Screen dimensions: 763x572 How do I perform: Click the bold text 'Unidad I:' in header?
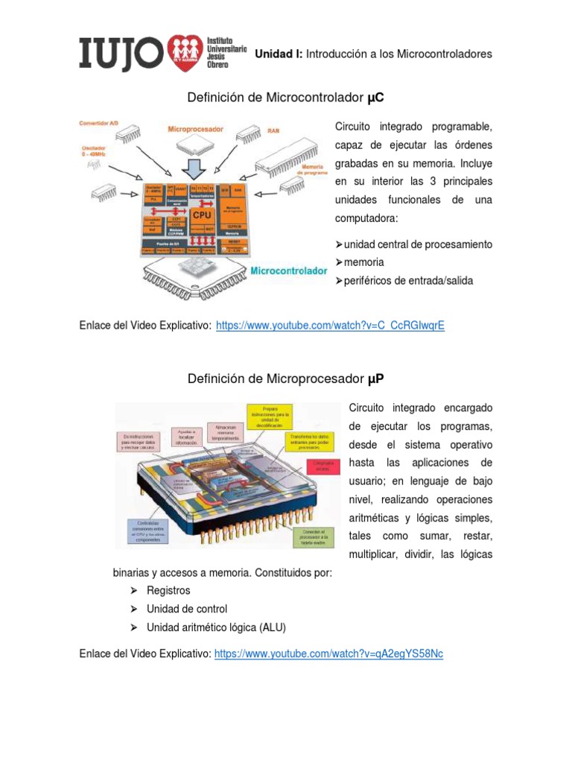pos(279,54)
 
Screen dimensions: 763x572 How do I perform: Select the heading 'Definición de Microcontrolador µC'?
pos(286,98)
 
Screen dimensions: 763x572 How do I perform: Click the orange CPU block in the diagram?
pos(202,215)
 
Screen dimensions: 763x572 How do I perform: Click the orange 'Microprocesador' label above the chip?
pos(195,129)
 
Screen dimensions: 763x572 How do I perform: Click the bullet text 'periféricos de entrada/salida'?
pos(409,280)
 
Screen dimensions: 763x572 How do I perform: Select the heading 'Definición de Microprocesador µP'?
pos(286,379)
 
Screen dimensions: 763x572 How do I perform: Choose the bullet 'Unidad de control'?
pos(187,609)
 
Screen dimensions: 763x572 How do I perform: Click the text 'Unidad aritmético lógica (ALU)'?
pos(216,627)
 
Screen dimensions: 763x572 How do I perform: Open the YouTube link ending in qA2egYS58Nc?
pos(328,653)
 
